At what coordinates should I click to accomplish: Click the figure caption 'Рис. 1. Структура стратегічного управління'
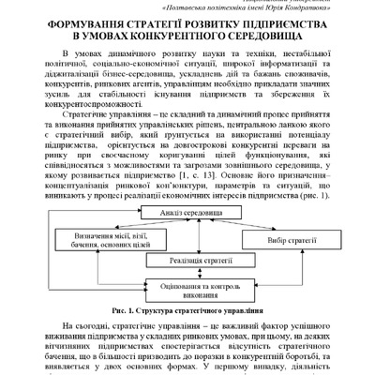tap(187, 309)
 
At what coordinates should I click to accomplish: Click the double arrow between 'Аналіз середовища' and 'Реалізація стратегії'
tap(181, 239)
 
